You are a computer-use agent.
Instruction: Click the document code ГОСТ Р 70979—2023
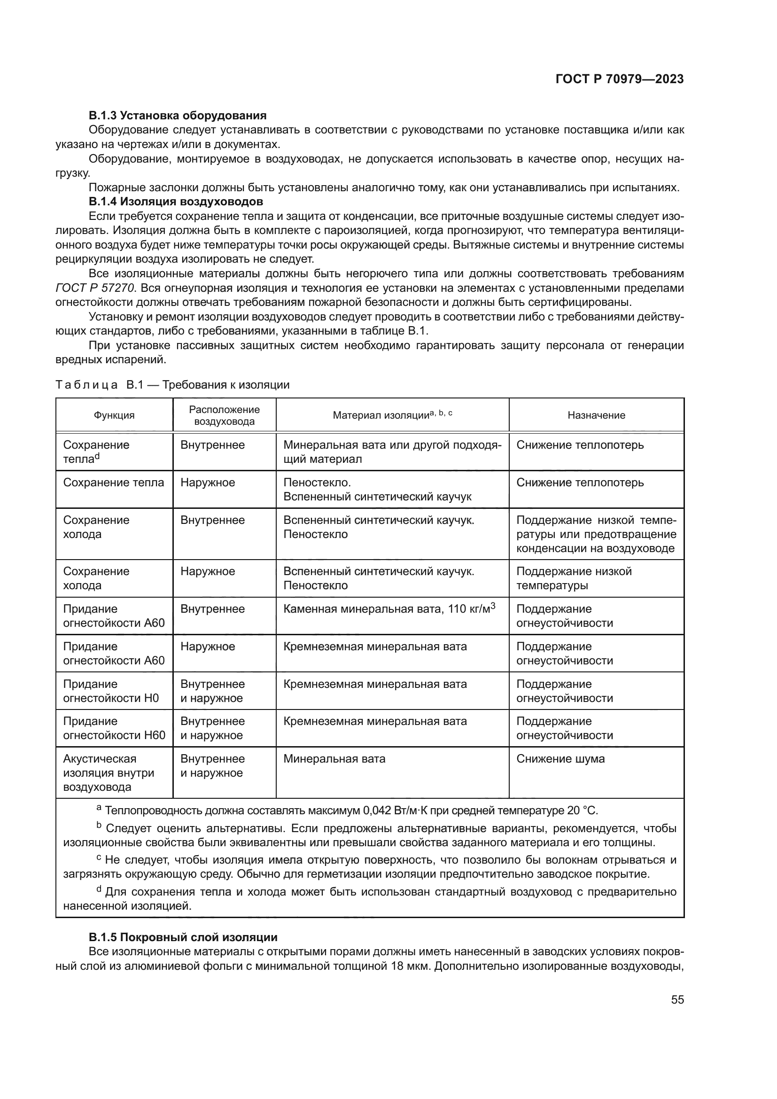pos(620,79)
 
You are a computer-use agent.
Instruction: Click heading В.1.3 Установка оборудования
pos(178,116)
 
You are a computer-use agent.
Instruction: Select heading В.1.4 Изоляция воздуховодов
pos(176,201)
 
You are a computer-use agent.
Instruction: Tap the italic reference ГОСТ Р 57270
pos(95,288)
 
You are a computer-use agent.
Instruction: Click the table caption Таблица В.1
pos(172,385)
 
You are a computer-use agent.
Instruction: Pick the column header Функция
pos(114,415)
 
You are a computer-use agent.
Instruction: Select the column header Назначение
pos(596,415)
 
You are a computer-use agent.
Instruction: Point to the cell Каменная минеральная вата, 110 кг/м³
pos(389,609)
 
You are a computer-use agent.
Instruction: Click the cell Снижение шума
pos(560,759)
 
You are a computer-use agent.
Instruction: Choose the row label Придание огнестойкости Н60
pos(114,728)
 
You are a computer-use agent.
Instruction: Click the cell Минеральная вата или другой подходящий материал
pos(392,452)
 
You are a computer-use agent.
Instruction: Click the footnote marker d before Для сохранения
pos(99,889)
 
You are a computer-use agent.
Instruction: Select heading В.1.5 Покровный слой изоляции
pos(183,937)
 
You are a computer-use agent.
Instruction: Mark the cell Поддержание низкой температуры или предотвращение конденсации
pos(596,534)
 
